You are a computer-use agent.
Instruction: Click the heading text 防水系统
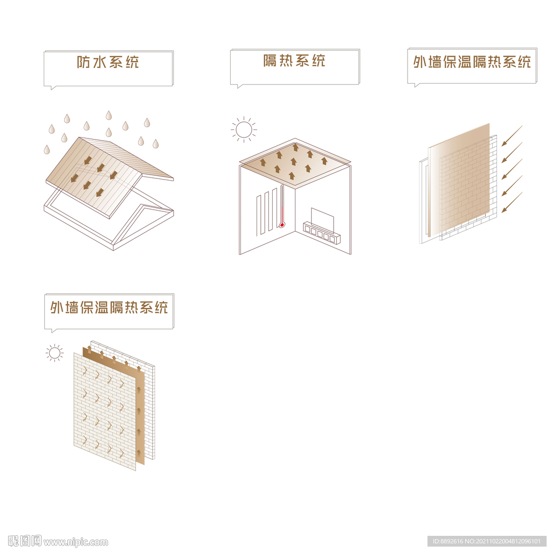point(108,62)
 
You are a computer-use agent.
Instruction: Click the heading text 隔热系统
point(294,60)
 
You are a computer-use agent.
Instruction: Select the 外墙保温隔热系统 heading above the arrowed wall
point(472,61)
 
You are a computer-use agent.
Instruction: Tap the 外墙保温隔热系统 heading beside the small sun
point(109,307)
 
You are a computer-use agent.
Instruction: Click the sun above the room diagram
point(244,129)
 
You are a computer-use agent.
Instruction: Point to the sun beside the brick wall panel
point(54,353)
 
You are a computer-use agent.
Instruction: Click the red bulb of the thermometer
point(281,225)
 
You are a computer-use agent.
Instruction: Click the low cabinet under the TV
point(322,232)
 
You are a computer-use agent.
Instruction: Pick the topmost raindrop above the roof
point(109,115)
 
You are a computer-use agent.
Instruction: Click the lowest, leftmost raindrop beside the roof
point(47,150)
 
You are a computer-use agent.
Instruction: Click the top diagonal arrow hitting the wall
point(512,136)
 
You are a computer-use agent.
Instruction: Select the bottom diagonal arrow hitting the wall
point(512,203)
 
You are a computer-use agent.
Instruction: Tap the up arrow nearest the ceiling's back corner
point(296,147)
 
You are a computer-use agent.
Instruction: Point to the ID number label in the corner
point(487,541)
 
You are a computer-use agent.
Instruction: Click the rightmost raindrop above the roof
point(156,143)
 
